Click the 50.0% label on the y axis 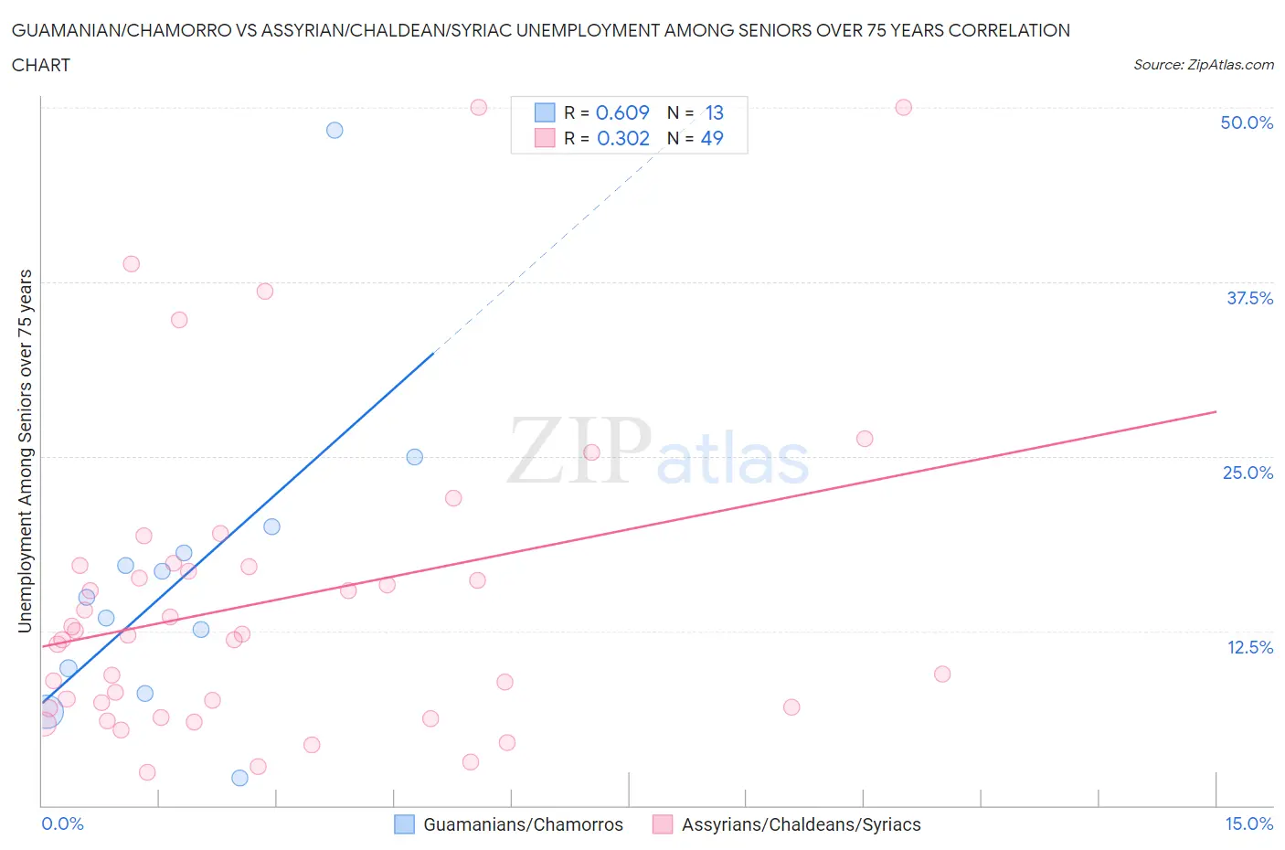tap(1247, 122)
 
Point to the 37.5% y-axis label tap(1249, 298)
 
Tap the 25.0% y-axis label tap(1248, 473)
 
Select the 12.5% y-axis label tap(1249, 647)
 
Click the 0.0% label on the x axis tap(62, 823)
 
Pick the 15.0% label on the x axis tap(1248, 823)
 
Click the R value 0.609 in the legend tap(622, 112)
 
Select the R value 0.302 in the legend tap(622, 138)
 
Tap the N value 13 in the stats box tap(714, 112)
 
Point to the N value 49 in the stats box tap(712, 138)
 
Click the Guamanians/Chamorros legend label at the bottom tap(523, 824)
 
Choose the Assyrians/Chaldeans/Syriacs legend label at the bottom tap(801, 824)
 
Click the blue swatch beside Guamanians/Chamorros tap(404, 824)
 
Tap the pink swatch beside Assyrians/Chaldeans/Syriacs tap(663, 824)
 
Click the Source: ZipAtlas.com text tap(1203, 64)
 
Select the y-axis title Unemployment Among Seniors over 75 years tap(25, 451)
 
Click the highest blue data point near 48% tap(335, 130)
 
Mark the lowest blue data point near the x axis tap(239, 778)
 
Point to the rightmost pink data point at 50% tap(903, 107)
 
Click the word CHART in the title tap(41, 65)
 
